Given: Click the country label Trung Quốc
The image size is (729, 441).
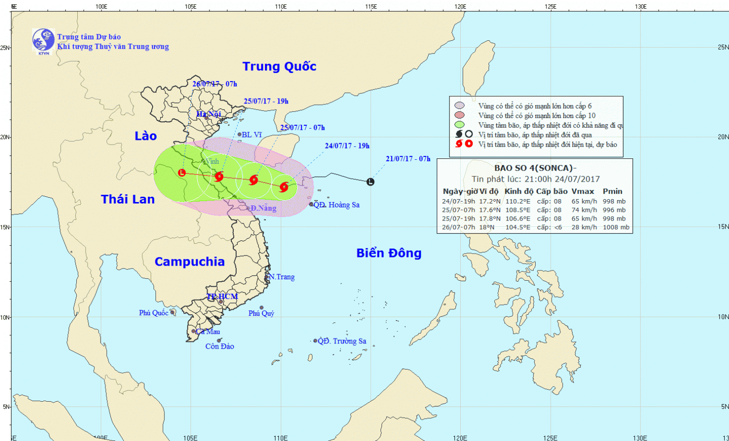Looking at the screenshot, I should [279, 67].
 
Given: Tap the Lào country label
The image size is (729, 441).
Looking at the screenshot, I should [146, 136].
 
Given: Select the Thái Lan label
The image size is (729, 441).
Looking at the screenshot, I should [128, 199].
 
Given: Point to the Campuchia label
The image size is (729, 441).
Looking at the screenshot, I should [190, 262].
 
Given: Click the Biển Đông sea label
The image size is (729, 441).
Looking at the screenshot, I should [389, 253].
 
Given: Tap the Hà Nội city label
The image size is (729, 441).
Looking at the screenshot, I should [208, 114].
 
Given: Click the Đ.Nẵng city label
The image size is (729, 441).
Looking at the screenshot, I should [263, 208].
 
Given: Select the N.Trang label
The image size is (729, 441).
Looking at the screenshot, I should [282, 277].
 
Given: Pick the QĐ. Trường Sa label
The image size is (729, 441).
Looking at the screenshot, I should [342, 341].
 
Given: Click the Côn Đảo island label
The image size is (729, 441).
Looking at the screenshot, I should [220, 346].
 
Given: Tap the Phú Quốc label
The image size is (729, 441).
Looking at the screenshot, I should [154, 313].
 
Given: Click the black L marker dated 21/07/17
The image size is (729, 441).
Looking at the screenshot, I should [370, 182].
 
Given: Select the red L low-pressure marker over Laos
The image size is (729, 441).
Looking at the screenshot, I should [182, 172].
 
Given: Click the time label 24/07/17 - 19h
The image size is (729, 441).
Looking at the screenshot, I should [347, 146].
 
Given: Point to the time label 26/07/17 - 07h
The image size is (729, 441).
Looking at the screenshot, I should [215, 84].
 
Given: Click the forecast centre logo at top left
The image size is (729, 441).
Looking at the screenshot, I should [43, 41].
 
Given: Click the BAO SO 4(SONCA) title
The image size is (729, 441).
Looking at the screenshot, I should [535, 168].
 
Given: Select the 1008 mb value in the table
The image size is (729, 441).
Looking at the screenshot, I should [616, 227].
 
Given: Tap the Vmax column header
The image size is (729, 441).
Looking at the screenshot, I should [583, 191].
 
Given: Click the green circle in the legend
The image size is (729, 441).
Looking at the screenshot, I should [459, 125].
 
